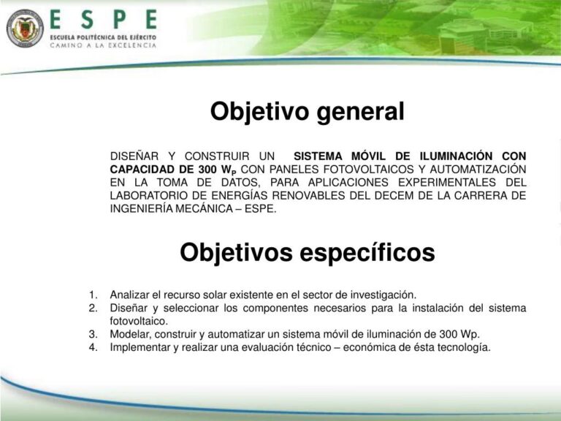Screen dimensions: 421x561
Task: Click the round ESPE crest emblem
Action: (x=25, y=28)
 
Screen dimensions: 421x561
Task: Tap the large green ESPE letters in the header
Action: (x=103, y=20)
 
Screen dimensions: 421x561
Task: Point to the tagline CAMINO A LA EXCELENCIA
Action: (x=103, y=45)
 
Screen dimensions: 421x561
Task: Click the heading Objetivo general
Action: (x=307, y=112)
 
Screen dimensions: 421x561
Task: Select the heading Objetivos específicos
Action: (x=307, y=252)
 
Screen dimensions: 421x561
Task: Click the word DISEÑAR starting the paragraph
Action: (x=134, y=156)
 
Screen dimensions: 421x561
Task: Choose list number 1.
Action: (x=93, y=295)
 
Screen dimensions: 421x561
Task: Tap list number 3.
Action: (x=93, y=334)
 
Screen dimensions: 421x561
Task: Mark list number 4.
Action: (x=93, y=347)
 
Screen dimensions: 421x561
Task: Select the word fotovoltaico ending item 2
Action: (x=139, y=321)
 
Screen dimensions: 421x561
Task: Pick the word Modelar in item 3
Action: (x=130, y=334)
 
